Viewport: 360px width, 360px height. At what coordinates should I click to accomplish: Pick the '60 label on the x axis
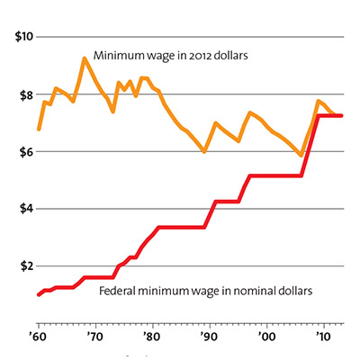tap(38, 336)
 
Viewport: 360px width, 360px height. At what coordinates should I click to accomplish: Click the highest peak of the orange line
tap(84, 58)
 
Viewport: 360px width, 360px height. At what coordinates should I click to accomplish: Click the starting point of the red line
tap(38, 294)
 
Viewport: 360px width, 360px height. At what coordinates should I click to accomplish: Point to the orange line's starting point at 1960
tap(38, 130)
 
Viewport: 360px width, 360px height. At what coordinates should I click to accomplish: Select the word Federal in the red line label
tap(120, 292)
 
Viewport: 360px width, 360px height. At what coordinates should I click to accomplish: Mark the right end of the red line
tap(341, 115)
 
